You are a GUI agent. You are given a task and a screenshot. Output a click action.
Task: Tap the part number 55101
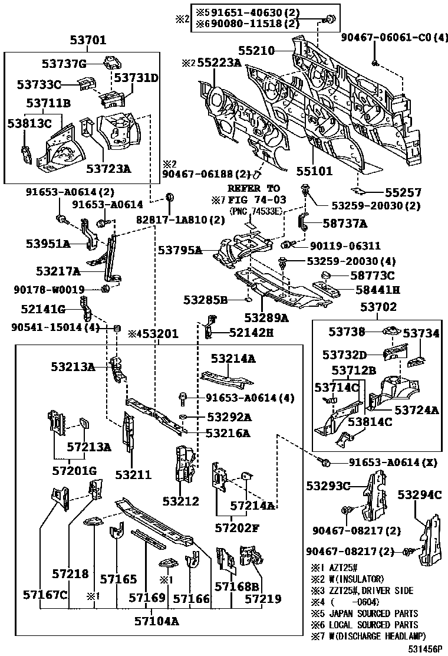coord(314,171)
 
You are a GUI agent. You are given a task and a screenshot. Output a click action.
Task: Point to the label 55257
coord(403,192)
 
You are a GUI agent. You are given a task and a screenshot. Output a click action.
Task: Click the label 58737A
coord(345,224)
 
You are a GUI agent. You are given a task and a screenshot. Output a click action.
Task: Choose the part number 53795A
coord(180,251)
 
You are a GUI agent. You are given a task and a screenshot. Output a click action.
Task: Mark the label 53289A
coord(266,318)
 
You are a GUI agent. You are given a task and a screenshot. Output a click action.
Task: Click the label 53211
coord(133,474)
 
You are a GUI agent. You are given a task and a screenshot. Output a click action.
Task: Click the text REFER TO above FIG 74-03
coord(253,188)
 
